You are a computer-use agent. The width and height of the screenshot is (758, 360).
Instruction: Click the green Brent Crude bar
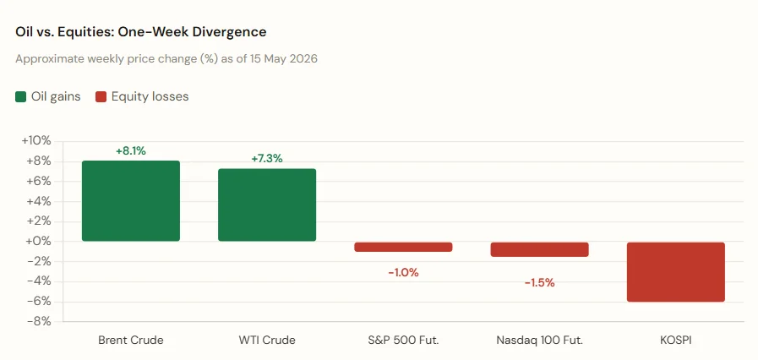coord(130,201)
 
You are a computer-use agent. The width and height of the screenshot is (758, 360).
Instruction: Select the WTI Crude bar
coord(267,205)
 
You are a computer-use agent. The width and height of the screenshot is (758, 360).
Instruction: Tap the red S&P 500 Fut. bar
coord(403,247)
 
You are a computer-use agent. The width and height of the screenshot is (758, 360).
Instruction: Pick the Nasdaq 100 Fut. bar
coord(539,249)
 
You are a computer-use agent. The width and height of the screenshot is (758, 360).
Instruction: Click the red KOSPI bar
coord(676,272)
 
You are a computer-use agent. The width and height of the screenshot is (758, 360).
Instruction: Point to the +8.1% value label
coord(130,150)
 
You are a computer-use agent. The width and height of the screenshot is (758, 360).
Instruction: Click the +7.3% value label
coord(267,159)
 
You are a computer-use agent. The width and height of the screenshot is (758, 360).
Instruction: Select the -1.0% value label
coord(403,273)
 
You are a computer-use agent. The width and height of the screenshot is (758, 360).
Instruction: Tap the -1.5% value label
coord(539,283)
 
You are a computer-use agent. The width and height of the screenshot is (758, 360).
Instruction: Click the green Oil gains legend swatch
coord(21,96)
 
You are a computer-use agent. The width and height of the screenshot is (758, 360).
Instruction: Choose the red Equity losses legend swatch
coord(101,96)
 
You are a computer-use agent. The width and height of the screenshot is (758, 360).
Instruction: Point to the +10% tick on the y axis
coord(36,141)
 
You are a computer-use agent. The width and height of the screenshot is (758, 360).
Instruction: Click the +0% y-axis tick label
coord(39,242)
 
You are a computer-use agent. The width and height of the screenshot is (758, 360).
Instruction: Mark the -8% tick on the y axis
coord(39,322)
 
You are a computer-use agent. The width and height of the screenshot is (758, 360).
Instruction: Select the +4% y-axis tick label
coord(39,201)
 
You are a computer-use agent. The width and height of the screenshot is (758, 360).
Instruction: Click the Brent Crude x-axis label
coord(130,341)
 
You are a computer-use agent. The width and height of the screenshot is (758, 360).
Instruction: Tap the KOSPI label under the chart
coord(676,341)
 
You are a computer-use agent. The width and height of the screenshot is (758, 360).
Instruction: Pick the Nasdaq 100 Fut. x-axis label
coord(539,341)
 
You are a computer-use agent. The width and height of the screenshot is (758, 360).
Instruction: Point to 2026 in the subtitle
coord(303,59)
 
